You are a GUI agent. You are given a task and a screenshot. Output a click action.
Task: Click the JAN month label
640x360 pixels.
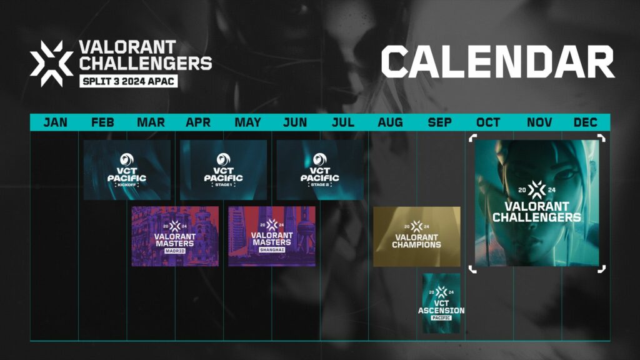(55, 122)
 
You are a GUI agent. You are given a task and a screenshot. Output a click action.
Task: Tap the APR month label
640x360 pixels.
(198, 122)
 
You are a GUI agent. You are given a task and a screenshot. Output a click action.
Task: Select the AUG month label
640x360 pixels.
(390, 122)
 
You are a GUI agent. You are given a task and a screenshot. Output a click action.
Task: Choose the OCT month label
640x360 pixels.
(488, 122)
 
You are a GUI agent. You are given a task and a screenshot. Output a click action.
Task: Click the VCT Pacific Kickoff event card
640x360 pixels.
(127, 170)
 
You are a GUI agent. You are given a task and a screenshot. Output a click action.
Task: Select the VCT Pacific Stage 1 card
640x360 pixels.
(223, 170)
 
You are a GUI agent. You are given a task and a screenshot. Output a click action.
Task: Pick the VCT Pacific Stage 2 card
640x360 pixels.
(320, 170)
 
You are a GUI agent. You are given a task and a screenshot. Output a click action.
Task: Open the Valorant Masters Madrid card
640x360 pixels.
(175, 236)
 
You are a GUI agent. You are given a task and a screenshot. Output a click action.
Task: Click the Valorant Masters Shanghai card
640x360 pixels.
(272, 236)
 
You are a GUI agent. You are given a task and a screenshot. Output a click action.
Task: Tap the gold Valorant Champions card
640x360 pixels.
(417, 236)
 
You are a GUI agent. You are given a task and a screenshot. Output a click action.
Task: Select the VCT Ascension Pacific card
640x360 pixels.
(441, 303)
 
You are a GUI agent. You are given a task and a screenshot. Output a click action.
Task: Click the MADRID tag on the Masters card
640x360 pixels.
(175, 251)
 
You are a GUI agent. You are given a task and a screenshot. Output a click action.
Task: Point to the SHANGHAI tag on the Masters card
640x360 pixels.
(272, 250)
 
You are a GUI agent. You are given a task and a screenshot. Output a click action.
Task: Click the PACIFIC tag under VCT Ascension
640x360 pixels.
(441, 317)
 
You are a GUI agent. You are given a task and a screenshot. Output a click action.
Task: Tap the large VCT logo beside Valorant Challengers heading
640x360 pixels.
(51, 63)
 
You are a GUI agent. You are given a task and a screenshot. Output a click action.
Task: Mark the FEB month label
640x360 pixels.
(102, 122)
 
